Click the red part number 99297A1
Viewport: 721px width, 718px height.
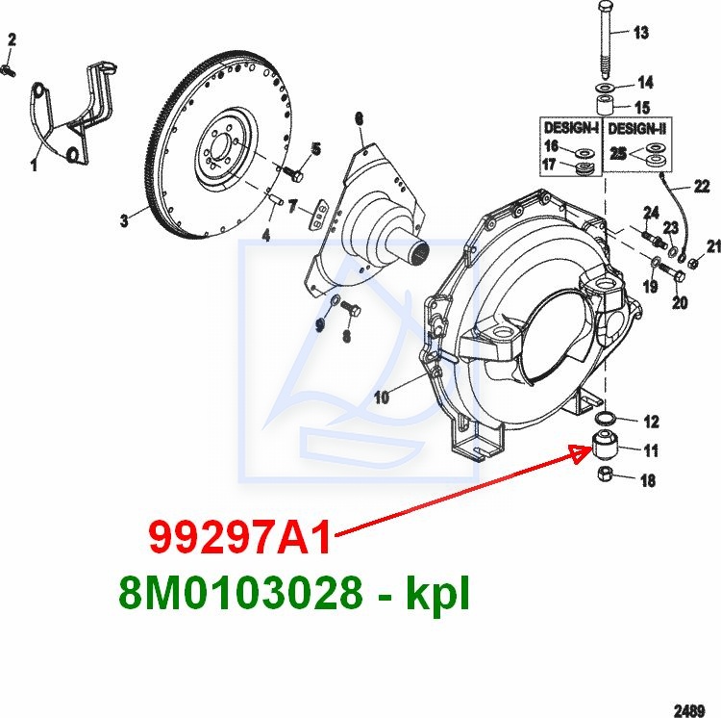coord(239,538)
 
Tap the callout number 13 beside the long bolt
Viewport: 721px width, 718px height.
coord(641,33)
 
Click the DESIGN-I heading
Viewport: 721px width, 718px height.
coord(571,127)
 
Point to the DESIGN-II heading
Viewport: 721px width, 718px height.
coord(636,128)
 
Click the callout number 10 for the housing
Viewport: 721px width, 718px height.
coord(382,397)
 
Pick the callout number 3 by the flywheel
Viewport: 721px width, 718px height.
coord(124,220)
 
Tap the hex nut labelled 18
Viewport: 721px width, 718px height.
coord(606,474)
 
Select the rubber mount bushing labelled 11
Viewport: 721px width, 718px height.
coord(605,444)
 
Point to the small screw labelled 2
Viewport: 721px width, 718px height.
coord(9,71)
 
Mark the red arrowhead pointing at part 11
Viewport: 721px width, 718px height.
coord(582,453)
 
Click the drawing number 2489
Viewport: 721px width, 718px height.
coord(689,710)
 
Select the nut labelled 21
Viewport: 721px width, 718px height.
coord(692,264)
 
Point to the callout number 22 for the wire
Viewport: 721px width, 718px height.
coord(702,187)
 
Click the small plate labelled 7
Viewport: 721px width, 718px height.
coord(318,214)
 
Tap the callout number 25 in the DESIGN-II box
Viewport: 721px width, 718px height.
coord(618,154)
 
